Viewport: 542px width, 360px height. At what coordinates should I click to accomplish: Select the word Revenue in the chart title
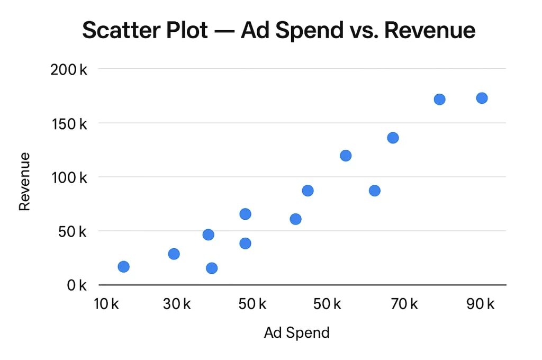coord(429,31)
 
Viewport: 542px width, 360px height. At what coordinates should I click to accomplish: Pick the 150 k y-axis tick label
coord(69,123)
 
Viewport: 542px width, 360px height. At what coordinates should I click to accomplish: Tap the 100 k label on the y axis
coord(69,177)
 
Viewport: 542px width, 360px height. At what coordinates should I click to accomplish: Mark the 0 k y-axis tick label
coord(77,285)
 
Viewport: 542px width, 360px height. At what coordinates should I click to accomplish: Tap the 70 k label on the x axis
coord(404,304)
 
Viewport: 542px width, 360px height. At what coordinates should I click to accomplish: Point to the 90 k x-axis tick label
coord(481,304)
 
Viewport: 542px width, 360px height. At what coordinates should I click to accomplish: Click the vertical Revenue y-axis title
coord(24,182)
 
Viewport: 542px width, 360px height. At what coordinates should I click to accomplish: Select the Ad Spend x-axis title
coord(296,332)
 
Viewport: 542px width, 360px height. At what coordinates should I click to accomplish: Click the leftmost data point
coord(123,266)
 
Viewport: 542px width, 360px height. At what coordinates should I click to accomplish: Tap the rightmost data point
coord(482,98)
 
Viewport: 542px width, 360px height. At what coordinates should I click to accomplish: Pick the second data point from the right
coord(439,99)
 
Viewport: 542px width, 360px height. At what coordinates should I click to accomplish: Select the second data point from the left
coord(174,254)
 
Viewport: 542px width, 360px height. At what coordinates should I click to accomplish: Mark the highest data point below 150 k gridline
coord(393,138)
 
